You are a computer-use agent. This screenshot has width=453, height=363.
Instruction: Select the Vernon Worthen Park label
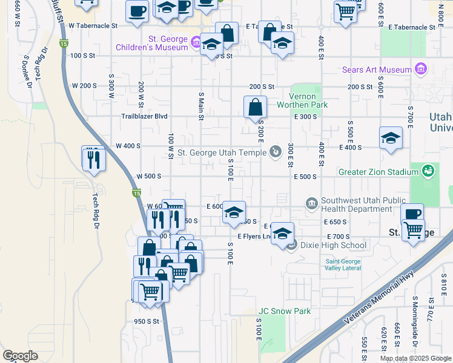(x=308, y=100)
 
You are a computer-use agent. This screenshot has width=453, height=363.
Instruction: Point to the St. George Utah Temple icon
(x=276, y=152)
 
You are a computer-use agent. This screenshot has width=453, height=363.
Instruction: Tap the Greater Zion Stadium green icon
(x=428, y=172)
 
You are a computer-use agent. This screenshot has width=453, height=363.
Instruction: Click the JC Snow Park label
(x=285, y=312)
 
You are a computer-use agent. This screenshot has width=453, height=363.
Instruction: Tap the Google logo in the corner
(x=20, y=355)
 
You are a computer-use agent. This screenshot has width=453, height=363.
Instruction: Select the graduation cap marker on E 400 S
(x=391, y=139)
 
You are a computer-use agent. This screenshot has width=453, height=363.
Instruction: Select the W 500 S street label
(x=148, y=176)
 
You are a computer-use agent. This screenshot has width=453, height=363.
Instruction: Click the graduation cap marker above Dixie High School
(x=282, y=233)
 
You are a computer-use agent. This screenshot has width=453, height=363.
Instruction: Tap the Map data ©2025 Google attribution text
(x=415, y=358)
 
